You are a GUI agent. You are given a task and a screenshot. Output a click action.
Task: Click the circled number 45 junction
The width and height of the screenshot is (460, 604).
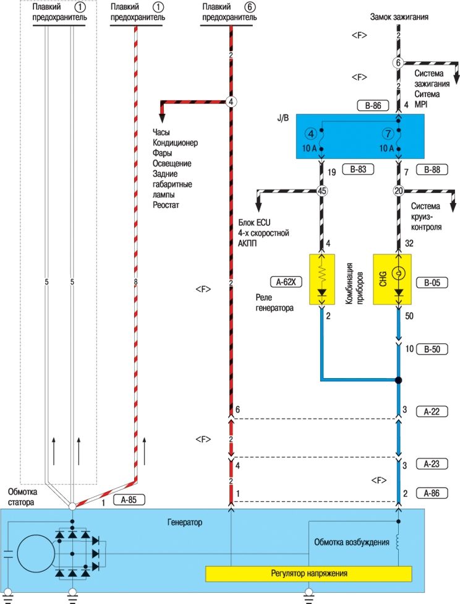tap(322, 191)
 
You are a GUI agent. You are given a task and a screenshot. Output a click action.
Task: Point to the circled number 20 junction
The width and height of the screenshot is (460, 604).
tap(398, 191)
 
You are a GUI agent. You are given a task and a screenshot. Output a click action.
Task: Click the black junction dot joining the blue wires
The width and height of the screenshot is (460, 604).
tap(399, 380)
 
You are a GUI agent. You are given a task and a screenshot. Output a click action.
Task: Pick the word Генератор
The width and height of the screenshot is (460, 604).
tap(185, 522)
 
